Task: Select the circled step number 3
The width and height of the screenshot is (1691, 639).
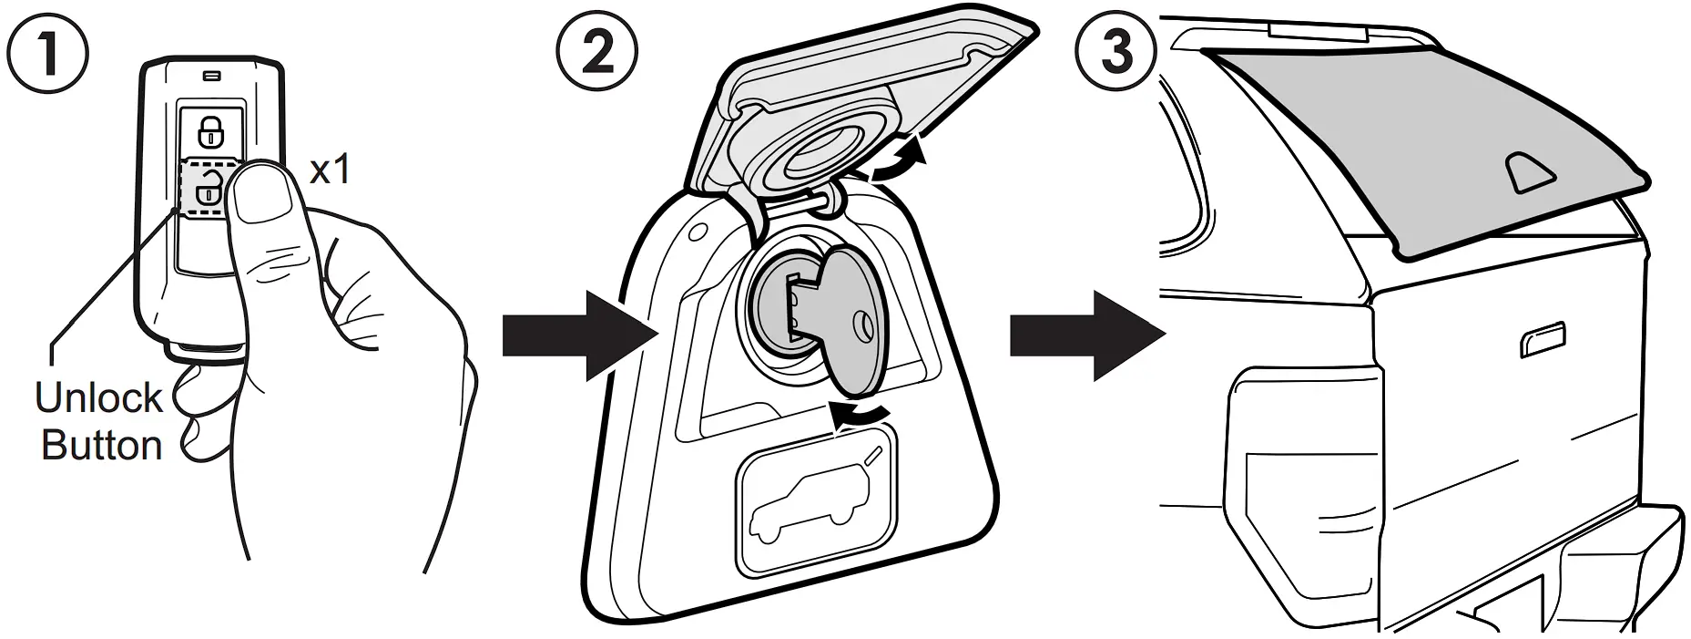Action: coord(1117,50)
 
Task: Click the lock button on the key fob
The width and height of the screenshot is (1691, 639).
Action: coord(211,131)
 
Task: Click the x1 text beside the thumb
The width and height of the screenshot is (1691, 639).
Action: coord(330,170)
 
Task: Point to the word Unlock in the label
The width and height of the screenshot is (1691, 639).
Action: coord(98,398)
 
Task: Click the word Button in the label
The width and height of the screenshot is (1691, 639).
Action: coord(102,445)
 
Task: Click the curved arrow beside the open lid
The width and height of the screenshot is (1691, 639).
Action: coord(900,161)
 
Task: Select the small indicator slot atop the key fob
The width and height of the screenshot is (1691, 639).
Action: coord(212,76)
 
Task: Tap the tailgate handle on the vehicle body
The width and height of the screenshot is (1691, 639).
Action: coord(1543,339)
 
